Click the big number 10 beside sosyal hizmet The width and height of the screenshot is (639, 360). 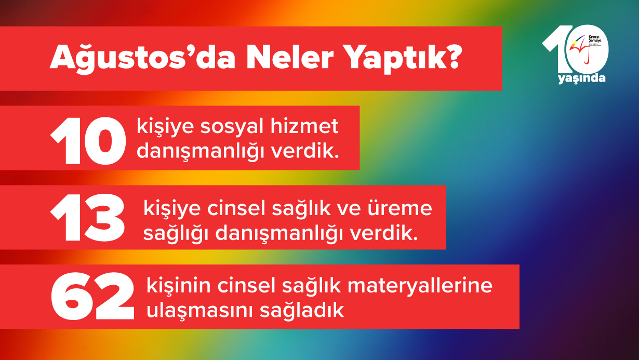tap(88, 139)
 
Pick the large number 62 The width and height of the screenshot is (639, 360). tap(92, 297)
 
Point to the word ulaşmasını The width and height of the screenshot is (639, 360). tap(194, 310)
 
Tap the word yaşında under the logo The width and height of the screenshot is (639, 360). tap(581, 78)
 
